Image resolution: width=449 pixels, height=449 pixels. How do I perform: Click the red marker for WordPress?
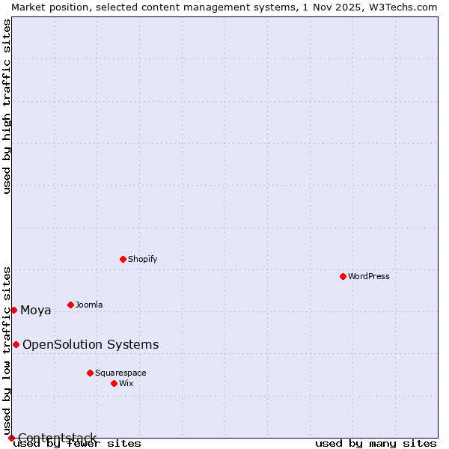pos(343,276)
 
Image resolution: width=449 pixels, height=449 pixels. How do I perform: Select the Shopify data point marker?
pos(123,259)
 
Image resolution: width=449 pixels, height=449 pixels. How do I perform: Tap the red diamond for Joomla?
pos(70,305)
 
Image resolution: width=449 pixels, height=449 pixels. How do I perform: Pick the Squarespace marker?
pos(90,373)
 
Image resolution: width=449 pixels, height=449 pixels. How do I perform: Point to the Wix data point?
pos(114,383)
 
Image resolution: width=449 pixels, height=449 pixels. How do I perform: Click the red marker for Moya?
pos(13,310)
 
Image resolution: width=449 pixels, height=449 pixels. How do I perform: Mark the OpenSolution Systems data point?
pos(16,344)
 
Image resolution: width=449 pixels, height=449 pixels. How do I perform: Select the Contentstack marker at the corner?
pos(11,438)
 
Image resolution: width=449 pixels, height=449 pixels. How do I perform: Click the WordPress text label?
pos(369,276)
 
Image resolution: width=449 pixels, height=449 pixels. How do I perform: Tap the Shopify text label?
pos(142,259)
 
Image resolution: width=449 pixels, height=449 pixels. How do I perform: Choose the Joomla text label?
pos(89,305)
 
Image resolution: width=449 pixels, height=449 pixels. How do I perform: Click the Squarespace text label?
pos(120,373)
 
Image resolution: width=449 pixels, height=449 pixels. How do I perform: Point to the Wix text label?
pos(126,383)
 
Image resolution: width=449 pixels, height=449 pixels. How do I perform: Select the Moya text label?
pos(36,311)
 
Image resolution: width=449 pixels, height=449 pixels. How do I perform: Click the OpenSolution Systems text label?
pos(91,344)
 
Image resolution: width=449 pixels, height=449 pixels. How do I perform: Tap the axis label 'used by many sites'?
pos(376,443)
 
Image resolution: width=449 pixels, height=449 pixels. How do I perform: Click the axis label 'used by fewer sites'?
pos(78,443)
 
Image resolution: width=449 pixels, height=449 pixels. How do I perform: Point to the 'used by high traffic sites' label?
pos(7,106)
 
